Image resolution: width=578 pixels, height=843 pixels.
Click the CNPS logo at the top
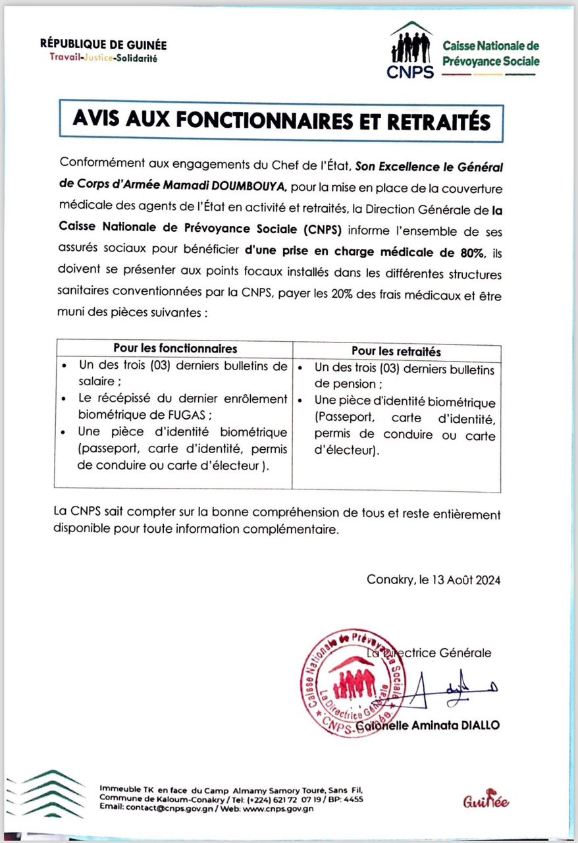click(411, 51)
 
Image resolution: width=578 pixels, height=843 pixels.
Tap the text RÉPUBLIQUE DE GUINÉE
click(103, 45)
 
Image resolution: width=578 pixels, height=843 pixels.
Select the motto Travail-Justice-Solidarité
click(103, 58)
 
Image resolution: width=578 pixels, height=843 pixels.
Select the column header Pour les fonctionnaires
click(175, 348)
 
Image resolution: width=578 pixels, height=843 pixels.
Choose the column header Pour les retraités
click(396, 352)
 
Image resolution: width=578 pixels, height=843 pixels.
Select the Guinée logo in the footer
click(486, 800)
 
